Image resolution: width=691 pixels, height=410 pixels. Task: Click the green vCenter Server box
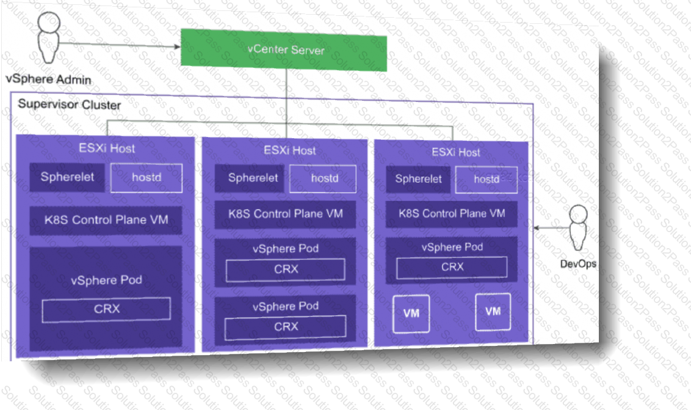pyautogui.click(x=284, y=49)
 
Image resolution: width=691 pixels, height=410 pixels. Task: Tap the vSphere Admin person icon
pyautogui.click(x=48, y=37)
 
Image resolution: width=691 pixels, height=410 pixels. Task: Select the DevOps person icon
pyautogui.click(x=577, y=228)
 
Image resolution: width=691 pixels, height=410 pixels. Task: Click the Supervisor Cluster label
pyautogui.click(x=69, y=104)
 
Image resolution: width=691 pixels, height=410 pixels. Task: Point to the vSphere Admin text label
pyautogui.click(x=48, y=79)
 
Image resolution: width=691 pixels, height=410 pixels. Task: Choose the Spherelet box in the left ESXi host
pyautogui.click(x=67, y=177)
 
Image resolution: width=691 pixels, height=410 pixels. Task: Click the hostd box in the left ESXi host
pyautogui.click(x=147, y=178)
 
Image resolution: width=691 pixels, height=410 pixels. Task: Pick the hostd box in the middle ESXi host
pyautogui.click(x=323, y=179)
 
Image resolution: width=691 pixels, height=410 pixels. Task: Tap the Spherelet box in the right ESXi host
pyautogui.click(x=418, y=179)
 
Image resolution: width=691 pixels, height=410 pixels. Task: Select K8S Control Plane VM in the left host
pyautogui.click(x=106, y=220)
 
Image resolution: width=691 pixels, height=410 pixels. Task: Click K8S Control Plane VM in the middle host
pyautogui.click(x=285, y=214)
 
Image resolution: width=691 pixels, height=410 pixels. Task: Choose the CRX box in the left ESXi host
pyautogui.click(x=106, y=309)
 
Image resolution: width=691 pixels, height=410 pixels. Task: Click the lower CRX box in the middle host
pyautogui.click(x=286, y=327)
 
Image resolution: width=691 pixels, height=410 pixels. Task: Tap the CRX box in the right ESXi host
pyautogui.click(x=452, y=267)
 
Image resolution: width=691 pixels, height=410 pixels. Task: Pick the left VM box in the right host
pyautogui.click(x=411, y=313)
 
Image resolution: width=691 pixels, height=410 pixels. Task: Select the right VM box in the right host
pyautogui.click(x=493, y=312)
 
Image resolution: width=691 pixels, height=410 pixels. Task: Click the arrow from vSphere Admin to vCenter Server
pyautogui.click(x=120, y=45)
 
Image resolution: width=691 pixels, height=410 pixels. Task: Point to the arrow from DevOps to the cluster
pyautogui.click(x=551, y=228)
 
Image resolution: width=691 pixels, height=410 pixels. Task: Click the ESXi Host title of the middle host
pyautogui.click(x=289, y=150)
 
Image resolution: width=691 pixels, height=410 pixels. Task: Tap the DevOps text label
pyautogui.click(x=578, y=264)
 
